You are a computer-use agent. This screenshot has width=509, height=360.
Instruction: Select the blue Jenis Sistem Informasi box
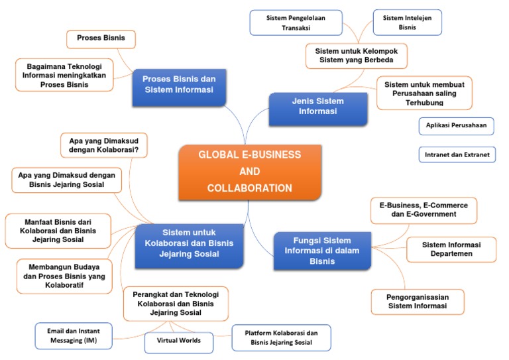[318, 107]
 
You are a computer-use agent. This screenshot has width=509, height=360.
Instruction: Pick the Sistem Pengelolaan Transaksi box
[296, 22]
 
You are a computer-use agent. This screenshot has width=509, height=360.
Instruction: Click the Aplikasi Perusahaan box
[456, 125]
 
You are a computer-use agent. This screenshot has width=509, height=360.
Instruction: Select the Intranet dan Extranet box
[457, 155]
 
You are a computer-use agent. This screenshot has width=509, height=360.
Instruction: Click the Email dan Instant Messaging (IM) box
[74, 335]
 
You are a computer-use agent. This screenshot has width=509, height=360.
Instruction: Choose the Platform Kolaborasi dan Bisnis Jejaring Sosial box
[281, 337]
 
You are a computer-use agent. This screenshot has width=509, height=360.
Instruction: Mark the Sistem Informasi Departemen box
[451, 249]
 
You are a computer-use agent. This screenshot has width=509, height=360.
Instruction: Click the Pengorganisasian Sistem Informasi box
[417, 302]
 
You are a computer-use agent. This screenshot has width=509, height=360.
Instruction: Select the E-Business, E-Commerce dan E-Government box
[423, 210]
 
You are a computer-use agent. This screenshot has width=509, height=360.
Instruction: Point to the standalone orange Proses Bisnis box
[101, 38]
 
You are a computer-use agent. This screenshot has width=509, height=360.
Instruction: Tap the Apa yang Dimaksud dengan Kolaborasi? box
[103, 145]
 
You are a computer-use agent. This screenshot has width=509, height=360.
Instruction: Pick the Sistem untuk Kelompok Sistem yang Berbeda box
[356, 56]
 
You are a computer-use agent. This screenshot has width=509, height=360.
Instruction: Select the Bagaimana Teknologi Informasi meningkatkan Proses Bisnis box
[64, 76]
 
